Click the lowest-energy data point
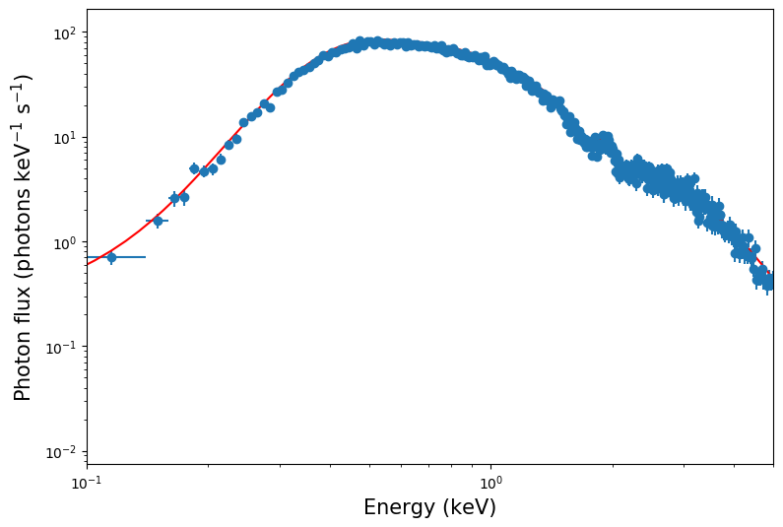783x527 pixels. pyautogui.click(x=111, y=257)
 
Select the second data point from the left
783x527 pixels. pyautogui.click(x=158, y=221)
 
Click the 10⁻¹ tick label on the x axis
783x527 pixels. pyautogui.click(x=87, y=482)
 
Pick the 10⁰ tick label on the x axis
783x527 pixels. pyautogui.click(x=490, y=482)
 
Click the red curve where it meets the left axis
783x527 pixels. pyautogui.click(x=88, y=264)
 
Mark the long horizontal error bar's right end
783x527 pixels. pyautogui.click(x=146, y=257)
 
